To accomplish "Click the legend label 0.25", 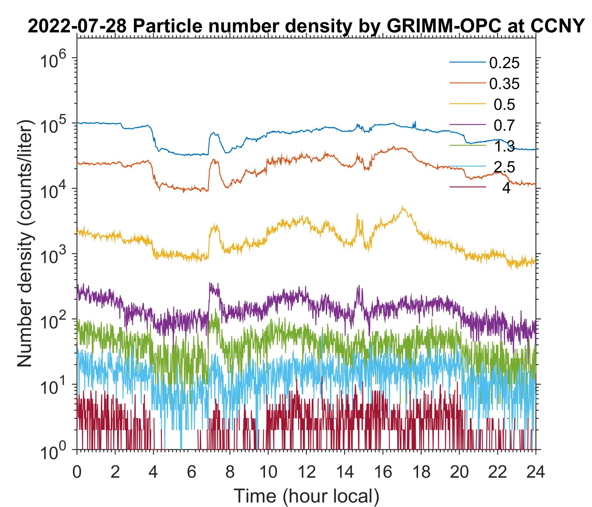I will [x=504, y=63].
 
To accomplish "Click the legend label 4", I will [x=506, y=188].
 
